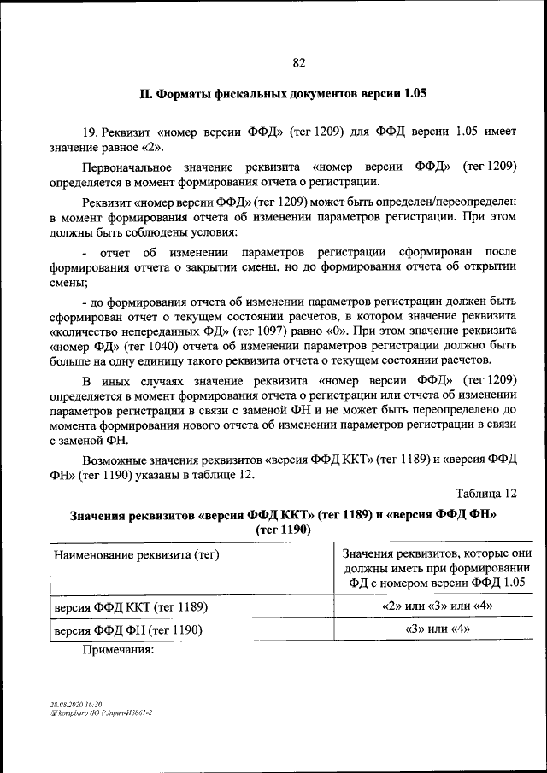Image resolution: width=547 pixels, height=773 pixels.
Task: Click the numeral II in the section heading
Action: (x=146, y=93)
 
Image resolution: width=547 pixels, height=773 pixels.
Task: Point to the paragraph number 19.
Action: (x=91, y=132)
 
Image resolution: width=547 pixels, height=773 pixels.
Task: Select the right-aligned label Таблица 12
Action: (x=486, y=494)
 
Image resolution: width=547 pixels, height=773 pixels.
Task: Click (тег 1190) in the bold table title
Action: (x=283, y=530)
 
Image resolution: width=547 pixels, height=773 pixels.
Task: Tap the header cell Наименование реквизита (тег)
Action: (x=138, y=555)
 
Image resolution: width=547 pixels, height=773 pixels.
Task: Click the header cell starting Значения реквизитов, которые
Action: (x=437, y=567)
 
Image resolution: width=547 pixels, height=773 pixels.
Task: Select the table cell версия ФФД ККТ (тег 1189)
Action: (x=132, y=607)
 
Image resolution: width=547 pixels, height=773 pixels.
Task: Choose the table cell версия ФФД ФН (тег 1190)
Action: (x=128, y=630)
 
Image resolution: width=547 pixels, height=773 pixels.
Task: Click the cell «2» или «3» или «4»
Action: (x=437, y=606)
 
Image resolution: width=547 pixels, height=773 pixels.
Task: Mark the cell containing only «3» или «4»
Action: (x=437, y=630)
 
